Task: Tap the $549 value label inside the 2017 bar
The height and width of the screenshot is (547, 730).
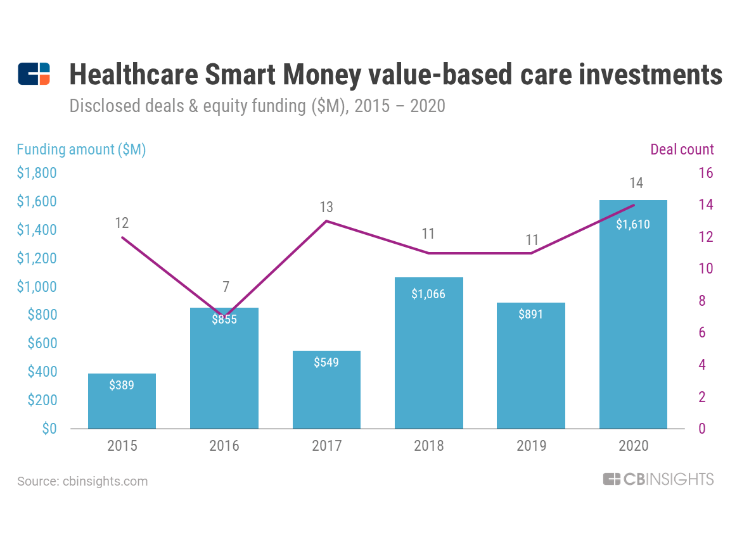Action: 326,362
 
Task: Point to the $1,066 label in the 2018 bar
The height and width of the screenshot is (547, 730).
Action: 428,294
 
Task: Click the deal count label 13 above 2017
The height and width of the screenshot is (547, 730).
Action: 326,207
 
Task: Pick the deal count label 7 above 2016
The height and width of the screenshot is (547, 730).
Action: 226,287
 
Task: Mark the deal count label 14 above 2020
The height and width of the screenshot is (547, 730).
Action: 636,184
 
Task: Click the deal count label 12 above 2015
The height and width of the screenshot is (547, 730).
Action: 122,223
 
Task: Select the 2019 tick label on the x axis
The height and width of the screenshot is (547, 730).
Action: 531,446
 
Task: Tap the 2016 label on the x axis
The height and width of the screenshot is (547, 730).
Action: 224,446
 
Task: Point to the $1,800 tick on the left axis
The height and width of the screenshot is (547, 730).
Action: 37,173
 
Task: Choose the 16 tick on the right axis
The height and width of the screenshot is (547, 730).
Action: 705,173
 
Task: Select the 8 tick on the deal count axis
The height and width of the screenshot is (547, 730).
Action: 702,301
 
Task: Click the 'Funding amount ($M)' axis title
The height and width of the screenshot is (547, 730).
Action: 81,150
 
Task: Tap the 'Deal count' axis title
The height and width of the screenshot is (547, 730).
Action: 682,150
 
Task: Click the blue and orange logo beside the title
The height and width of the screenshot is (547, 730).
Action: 34,74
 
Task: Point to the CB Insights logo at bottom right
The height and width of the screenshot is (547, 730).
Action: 658,479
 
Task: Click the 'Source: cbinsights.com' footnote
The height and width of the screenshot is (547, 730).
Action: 82,481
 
